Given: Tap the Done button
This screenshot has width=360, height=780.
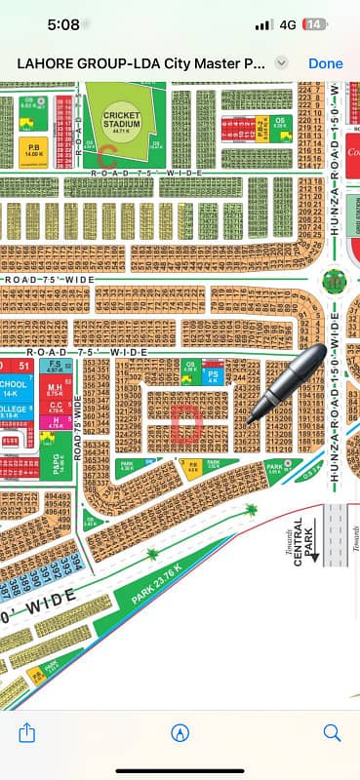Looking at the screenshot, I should click(x=325, y=62).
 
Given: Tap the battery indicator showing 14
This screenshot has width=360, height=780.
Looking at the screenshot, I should click(x=314, y=23).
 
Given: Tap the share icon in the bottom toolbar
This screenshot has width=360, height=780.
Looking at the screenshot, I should click(x=27, y=731).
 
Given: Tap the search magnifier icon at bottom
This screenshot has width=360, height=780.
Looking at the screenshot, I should click(x=332, y=731).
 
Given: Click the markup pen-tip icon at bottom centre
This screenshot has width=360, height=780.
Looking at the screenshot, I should click(x=180, y=731).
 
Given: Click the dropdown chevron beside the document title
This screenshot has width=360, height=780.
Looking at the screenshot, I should click(x=282, y=62).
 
